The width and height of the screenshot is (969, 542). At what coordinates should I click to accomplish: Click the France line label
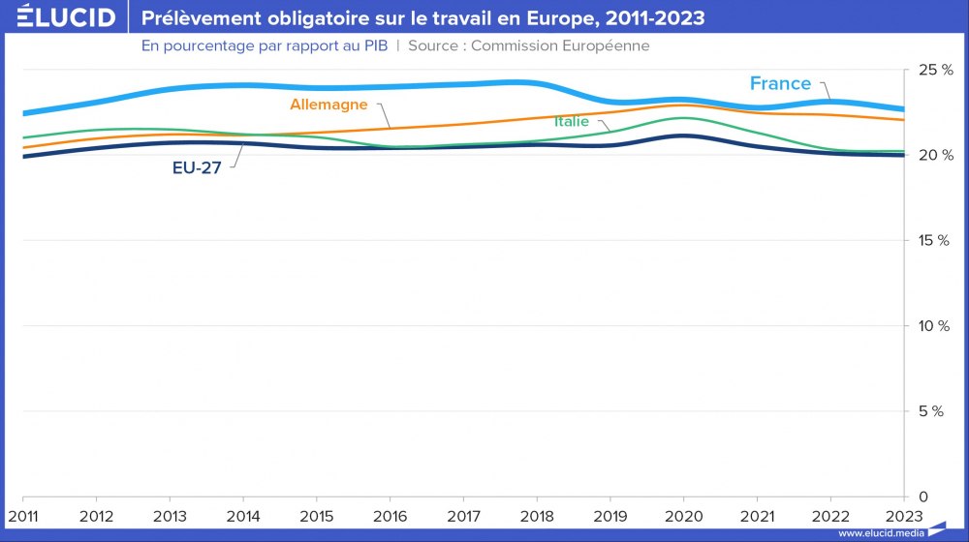[x=780, y=83]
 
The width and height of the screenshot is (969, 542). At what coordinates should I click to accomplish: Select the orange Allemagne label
[x=328, y=105]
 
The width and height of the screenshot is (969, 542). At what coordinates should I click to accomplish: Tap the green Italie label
[x=572, y=122]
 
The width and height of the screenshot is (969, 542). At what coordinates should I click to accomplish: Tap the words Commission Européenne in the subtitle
[x=560, y=45]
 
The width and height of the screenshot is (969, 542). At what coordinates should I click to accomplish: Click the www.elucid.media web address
[x=880, y=532]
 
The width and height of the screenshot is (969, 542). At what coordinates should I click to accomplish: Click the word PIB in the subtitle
[x=375, y=45]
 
